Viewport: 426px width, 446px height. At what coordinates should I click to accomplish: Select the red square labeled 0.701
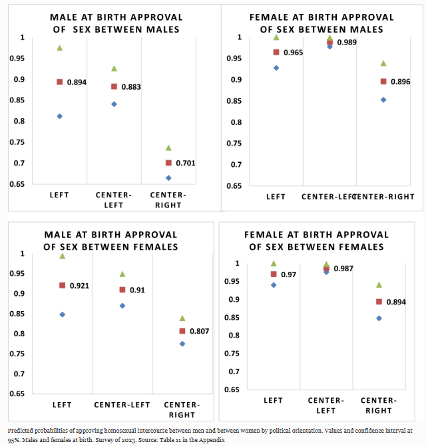coord(168,163)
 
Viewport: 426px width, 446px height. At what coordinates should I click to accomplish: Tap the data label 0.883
coord(131,87)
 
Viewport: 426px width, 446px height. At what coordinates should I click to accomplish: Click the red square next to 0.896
coord(383,82)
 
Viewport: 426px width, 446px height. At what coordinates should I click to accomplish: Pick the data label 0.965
coord(293,53)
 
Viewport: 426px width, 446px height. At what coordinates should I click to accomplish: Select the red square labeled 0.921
coord(62,285)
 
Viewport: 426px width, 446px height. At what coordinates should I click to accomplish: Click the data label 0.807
coord(200,331)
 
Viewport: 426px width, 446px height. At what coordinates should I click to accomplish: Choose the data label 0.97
coord(290,275)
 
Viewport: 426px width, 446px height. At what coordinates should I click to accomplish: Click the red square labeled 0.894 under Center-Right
coord(379,302)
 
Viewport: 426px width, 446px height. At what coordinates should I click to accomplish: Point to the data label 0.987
coord(343,269)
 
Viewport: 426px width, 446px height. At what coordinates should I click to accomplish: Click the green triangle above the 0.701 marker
coord(168,148)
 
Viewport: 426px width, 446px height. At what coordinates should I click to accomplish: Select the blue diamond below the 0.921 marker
coord(62,314)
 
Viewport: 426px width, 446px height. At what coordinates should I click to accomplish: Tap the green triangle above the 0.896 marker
coord(383,63)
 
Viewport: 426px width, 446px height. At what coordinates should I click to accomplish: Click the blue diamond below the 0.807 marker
coord(182,344)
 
